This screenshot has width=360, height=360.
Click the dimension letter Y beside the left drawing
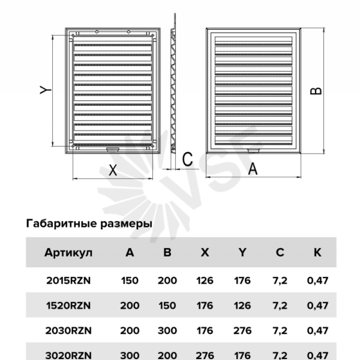pyautogui.click(x=45, y=90)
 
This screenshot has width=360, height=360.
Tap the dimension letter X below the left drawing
pyautogui.click(x=113, y=171)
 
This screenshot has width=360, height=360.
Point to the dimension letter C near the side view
pyautogui.click(x=187, y=159)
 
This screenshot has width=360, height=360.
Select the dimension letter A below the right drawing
pyautogui.click(x=253, y=169)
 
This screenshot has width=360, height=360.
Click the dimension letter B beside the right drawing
pyautogui.click(x=316, y=91)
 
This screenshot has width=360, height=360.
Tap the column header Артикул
pyautogui.click(x=68, y=253)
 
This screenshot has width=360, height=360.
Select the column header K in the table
pyautogui.click(x=318, y=252)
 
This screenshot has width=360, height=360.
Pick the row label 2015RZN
pyautogui.click(x=68, y=280)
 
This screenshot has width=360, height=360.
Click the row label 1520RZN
pyautogui.click(x=68, y=306)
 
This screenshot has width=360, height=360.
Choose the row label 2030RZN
pyautogui.click(x=68, y=331)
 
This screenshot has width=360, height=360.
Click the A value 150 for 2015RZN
pyautogui.click(x=130, y=280)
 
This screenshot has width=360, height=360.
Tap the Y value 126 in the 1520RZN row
pyautogui.click(x=243, y=306)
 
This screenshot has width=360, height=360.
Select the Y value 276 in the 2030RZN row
pyautogui.click(x=243, y=331)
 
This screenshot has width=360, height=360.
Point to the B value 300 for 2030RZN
pyautogui.click(x=167, y=331)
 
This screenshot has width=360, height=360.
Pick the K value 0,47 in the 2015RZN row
pyautogui.click(x=318, y=280)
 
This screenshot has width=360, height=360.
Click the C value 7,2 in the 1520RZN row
pyautogui.click(x=280, y=306)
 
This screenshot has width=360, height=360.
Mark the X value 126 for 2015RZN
pyautogui.click(x=205, y=280)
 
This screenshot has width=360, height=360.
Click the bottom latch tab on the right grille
pyautogui.click(x=253, y=151)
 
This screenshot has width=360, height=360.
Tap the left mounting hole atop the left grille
pyautogui.click(x=97, y=31)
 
